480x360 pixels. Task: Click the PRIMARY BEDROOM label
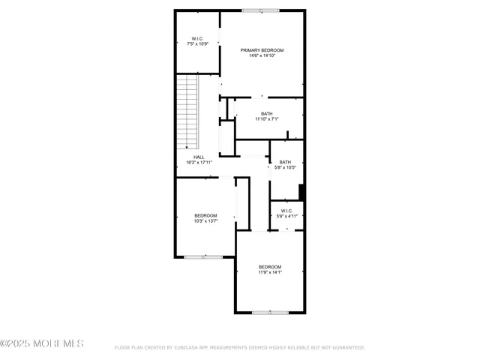(262, 50)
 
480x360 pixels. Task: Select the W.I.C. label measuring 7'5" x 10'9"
(196, 39)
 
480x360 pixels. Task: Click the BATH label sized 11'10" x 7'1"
(266, 114)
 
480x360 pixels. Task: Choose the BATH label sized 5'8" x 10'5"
(285, 162)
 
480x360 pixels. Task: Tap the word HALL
(199, 157)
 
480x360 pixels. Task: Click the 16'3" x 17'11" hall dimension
(199, 162)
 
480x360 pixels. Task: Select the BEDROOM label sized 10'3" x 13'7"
(205, 216)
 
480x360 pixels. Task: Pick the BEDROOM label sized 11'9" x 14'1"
(270, 267)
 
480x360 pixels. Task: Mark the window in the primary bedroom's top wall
(260, 10)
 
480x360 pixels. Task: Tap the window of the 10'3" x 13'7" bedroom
(204, 257)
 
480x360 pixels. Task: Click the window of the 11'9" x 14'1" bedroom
(270, 312)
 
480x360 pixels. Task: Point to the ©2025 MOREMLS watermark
(42, 344)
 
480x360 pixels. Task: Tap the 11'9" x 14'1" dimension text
(270, 272)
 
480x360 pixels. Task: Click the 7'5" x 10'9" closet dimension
(196, 44)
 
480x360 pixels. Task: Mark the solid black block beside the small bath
(301, 192)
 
